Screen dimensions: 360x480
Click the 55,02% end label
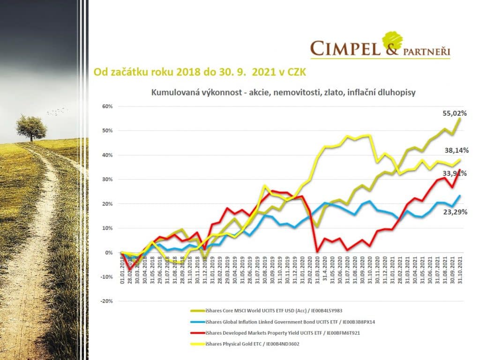click(x=455, y=113)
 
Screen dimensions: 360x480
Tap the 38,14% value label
click(x=455, y=150)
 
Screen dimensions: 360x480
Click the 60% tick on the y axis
click(x=108, y=106)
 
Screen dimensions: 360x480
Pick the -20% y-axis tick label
click(x=106, y=301)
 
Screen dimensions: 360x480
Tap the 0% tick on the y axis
click(x=109, y=253)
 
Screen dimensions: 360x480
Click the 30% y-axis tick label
click(x=108, y=180)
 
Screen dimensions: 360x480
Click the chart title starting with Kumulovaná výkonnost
click(x=283, y=92)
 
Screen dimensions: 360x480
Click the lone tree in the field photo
click(x=31, y=127)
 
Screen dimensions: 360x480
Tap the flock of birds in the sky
click(x=57, y=111)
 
